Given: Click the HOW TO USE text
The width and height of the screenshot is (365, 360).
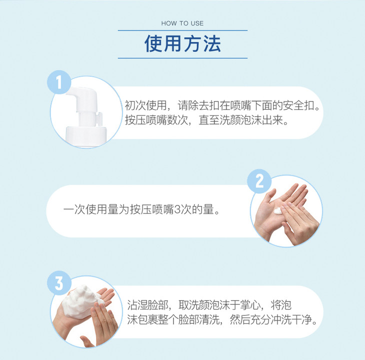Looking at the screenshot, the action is coord(182,23).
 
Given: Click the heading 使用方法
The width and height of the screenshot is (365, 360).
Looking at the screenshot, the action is coord(182,43).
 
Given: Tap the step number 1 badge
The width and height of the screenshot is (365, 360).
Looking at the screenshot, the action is coord(59,82).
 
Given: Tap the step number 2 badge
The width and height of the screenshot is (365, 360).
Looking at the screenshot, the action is coord(259,181).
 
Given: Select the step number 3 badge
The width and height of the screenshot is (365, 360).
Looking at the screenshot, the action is coord(59,283).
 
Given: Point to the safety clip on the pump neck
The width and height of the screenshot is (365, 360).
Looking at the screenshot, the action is coord(98,118).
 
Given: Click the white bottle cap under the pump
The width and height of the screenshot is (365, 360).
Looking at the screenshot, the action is coord(86,136).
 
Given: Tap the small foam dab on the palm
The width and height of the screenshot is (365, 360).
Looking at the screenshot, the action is coord(278,211).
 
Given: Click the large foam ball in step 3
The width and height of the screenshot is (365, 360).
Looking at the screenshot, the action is coord(80,302).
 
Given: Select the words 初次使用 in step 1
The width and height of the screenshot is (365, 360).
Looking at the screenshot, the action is coord(146,105).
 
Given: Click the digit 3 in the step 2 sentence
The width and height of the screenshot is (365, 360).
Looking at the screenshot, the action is coord(177,209).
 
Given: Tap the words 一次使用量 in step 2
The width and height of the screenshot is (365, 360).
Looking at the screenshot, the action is coord(91,209).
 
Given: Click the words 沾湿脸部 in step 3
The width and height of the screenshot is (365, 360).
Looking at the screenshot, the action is coord(148,305).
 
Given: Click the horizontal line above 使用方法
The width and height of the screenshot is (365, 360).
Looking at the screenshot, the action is coord(182,30).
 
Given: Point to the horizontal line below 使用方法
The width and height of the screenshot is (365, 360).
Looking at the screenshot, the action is coord(182,58).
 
